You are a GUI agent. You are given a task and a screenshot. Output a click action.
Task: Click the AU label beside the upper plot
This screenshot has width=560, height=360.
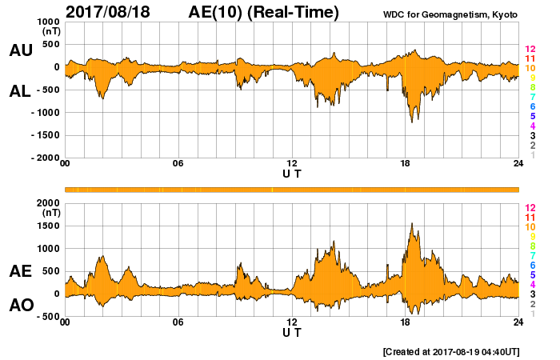coord(20,50)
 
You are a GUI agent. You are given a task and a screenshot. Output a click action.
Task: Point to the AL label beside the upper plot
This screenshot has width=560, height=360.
coord(20,91)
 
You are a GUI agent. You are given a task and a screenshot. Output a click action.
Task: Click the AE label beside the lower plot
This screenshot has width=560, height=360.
coord(20,271)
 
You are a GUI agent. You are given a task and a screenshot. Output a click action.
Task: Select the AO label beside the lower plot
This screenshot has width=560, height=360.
coord(20,305)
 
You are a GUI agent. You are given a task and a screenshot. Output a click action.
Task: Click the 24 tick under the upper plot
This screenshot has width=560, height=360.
coord(518,164)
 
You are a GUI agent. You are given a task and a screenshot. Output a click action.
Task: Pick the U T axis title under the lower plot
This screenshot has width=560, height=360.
coord(292,332)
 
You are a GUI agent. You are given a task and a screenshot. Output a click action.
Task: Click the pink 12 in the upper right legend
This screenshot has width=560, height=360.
coord(530,50)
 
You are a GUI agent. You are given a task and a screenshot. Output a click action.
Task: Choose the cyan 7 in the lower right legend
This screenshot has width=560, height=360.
coord(532,255)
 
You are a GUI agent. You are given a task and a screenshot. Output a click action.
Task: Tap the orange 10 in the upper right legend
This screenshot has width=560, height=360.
coord(530,69)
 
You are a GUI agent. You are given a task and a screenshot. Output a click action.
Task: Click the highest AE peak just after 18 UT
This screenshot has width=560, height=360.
coord(411,223)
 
